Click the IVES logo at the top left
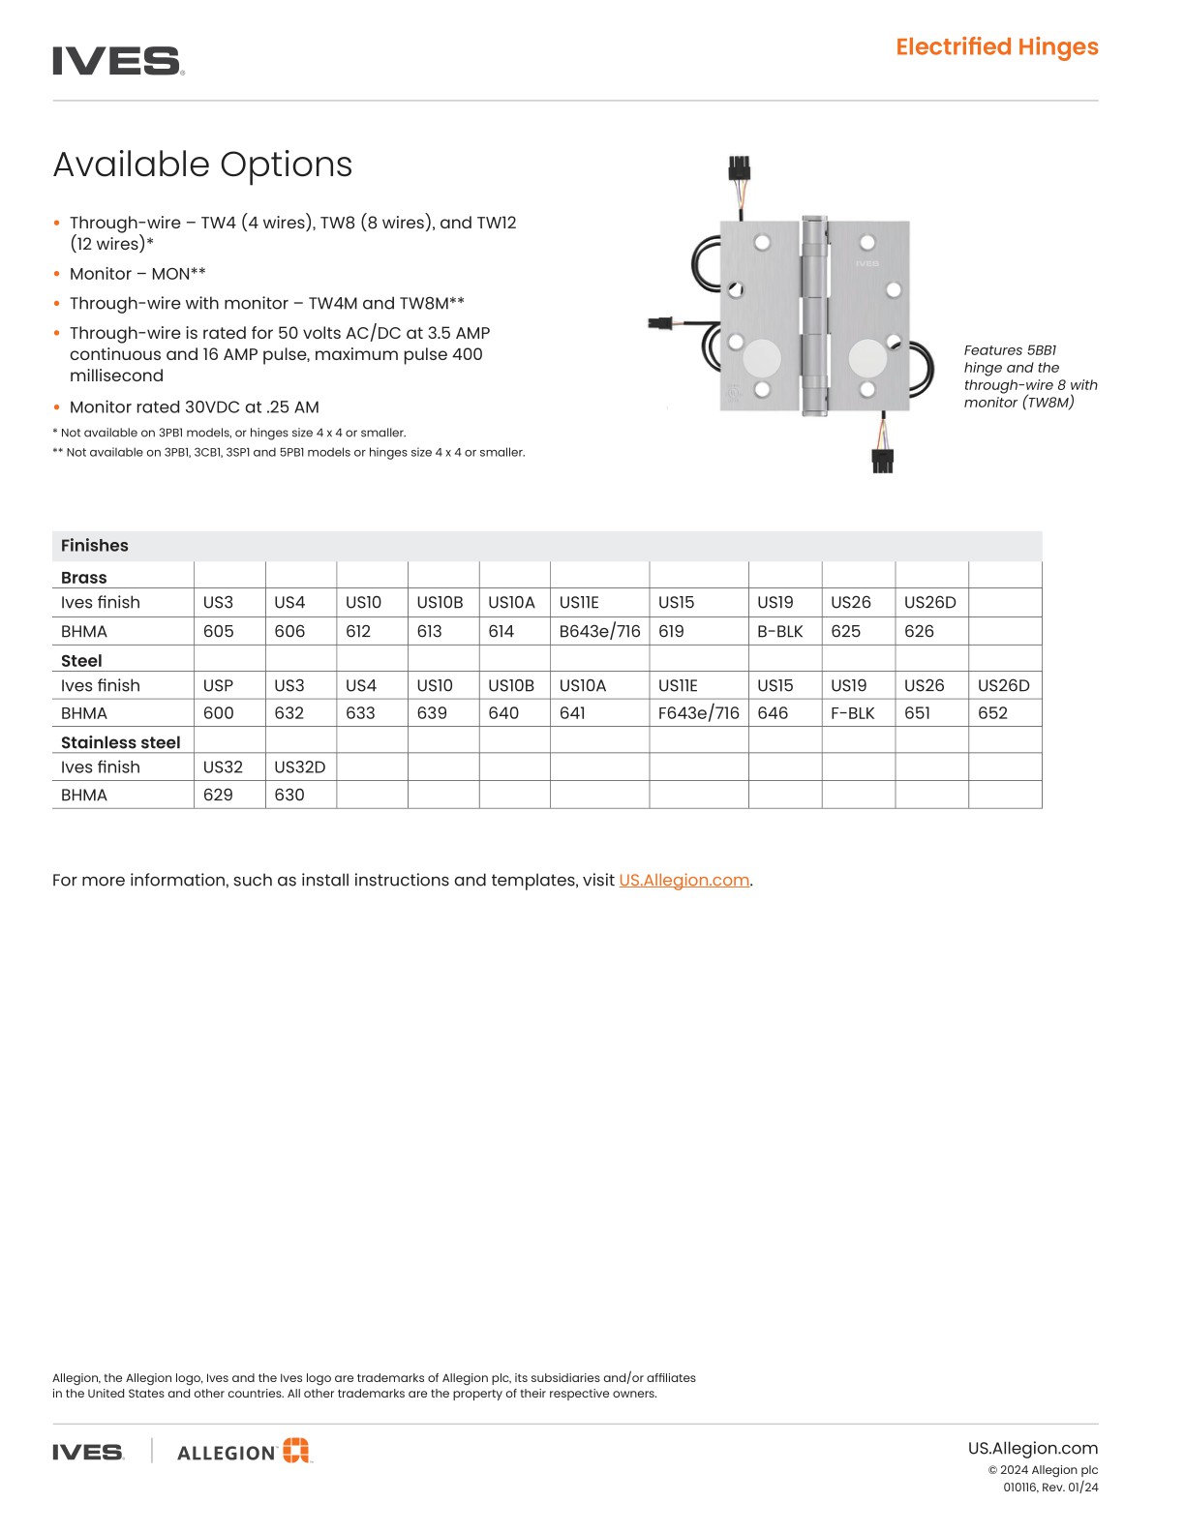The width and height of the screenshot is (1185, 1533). (x=117, y=61)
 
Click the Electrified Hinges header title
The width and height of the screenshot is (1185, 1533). (x=996, y=46)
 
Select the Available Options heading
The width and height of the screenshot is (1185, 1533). (x=202, y=165)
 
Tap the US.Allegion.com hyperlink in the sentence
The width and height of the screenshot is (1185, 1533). (x=684, y=880)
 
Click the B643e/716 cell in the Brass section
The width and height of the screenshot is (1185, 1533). (x=599, y=631)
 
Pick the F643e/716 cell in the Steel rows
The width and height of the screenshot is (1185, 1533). (x=698, y=713)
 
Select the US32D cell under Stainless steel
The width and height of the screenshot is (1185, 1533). (x=299, y=766)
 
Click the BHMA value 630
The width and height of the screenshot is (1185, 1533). (x=289, y=795)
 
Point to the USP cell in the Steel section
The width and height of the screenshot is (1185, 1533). (x=218, y=685)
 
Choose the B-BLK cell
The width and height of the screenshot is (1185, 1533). (x=780, y=631)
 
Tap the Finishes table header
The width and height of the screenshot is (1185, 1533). (x=95, y=546)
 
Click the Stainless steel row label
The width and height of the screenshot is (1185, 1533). (x=121, y=742)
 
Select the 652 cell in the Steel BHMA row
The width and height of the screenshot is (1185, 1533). (x=992, y=713)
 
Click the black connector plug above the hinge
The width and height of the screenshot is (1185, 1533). (x=740, y=168)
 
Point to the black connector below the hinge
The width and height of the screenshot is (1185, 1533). (x=882, y=461)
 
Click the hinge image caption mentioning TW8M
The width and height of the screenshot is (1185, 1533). (x=1029, y=376)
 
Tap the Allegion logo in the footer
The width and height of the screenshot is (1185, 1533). (x=245, y=1451)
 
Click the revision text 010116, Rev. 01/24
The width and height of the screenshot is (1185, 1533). (x=1049, y=1488)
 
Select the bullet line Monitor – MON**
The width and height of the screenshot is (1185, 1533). (x=137, y=274)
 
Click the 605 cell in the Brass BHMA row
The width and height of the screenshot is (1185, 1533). (x=219, y=631)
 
